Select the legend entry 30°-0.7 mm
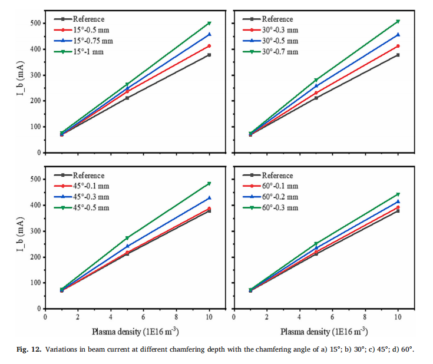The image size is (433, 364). (280, 52)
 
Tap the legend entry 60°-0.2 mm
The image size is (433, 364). (280, 197)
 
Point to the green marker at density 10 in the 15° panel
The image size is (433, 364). (209, 24)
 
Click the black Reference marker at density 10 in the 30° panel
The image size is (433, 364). (398, 55)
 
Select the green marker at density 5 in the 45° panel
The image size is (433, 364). (127, 238)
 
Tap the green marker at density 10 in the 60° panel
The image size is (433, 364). (398, 194)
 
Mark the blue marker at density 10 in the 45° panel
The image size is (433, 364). (209, 198)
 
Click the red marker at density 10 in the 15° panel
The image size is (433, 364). (209, 46)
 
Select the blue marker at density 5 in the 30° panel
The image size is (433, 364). (316, 86)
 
